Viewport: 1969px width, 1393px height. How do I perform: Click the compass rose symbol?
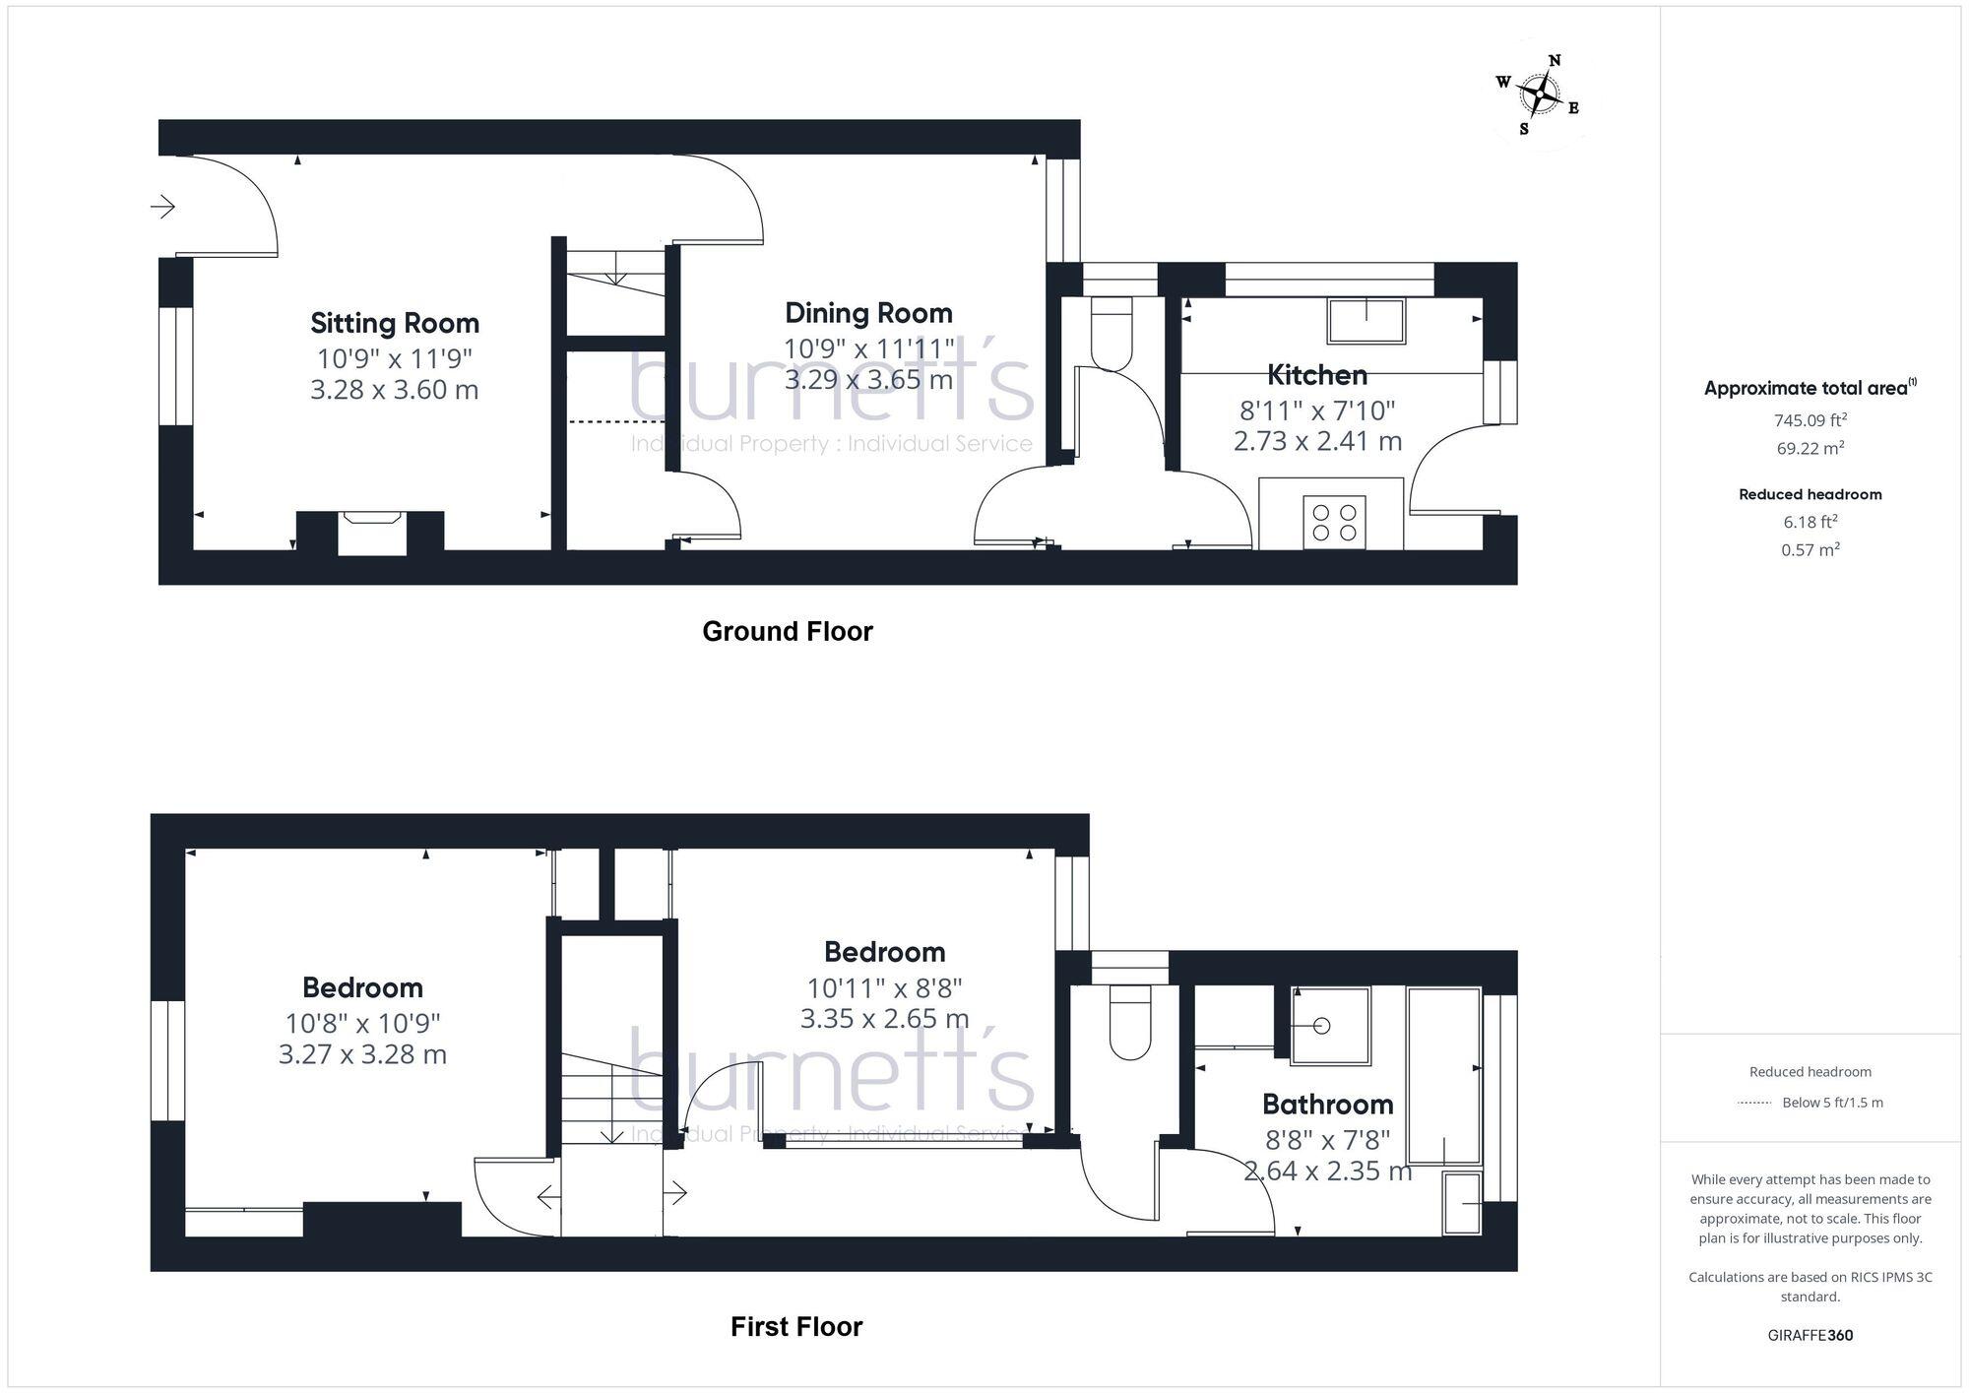[1539, 95]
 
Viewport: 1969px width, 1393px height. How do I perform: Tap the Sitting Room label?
[395, 323]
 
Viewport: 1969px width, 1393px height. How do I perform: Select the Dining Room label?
[868, 313]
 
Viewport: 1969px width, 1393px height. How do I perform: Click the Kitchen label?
[1316, 375]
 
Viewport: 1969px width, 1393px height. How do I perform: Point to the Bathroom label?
[1327, 1104]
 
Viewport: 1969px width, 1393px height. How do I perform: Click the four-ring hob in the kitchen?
[1334, 522]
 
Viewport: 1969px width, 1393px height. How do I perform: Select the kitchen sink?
[1366, 321]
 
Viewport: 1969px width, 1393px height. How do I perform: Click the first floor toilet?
[1129, 1023]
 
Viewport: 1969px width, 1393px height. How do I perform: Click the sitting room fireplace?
[371, 532]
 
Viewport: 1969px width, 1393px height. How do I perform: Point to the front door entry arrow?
[162, 207]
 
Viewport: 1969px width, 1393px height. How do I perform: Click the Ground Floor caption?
[787, 631]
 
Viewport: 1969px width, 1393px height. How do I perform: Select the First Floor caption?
[795, 1327]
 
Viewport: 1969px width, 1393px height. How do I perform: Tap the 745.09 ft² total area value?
[1810, 420]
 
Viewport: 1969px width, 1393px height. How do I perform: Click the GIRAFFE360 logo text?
[1810, 1335]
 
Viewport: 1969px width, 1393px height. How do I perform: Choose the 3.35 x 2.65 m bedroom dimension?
[884, 1019]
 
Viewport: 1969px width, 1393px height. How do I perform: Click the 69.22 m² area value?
[1810, 449]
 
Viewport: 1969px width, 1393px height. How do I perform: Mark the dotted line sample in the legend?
[1754, 1103]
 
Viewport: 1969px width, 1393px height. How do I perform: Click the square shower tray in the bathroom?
[1330, 1026]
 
